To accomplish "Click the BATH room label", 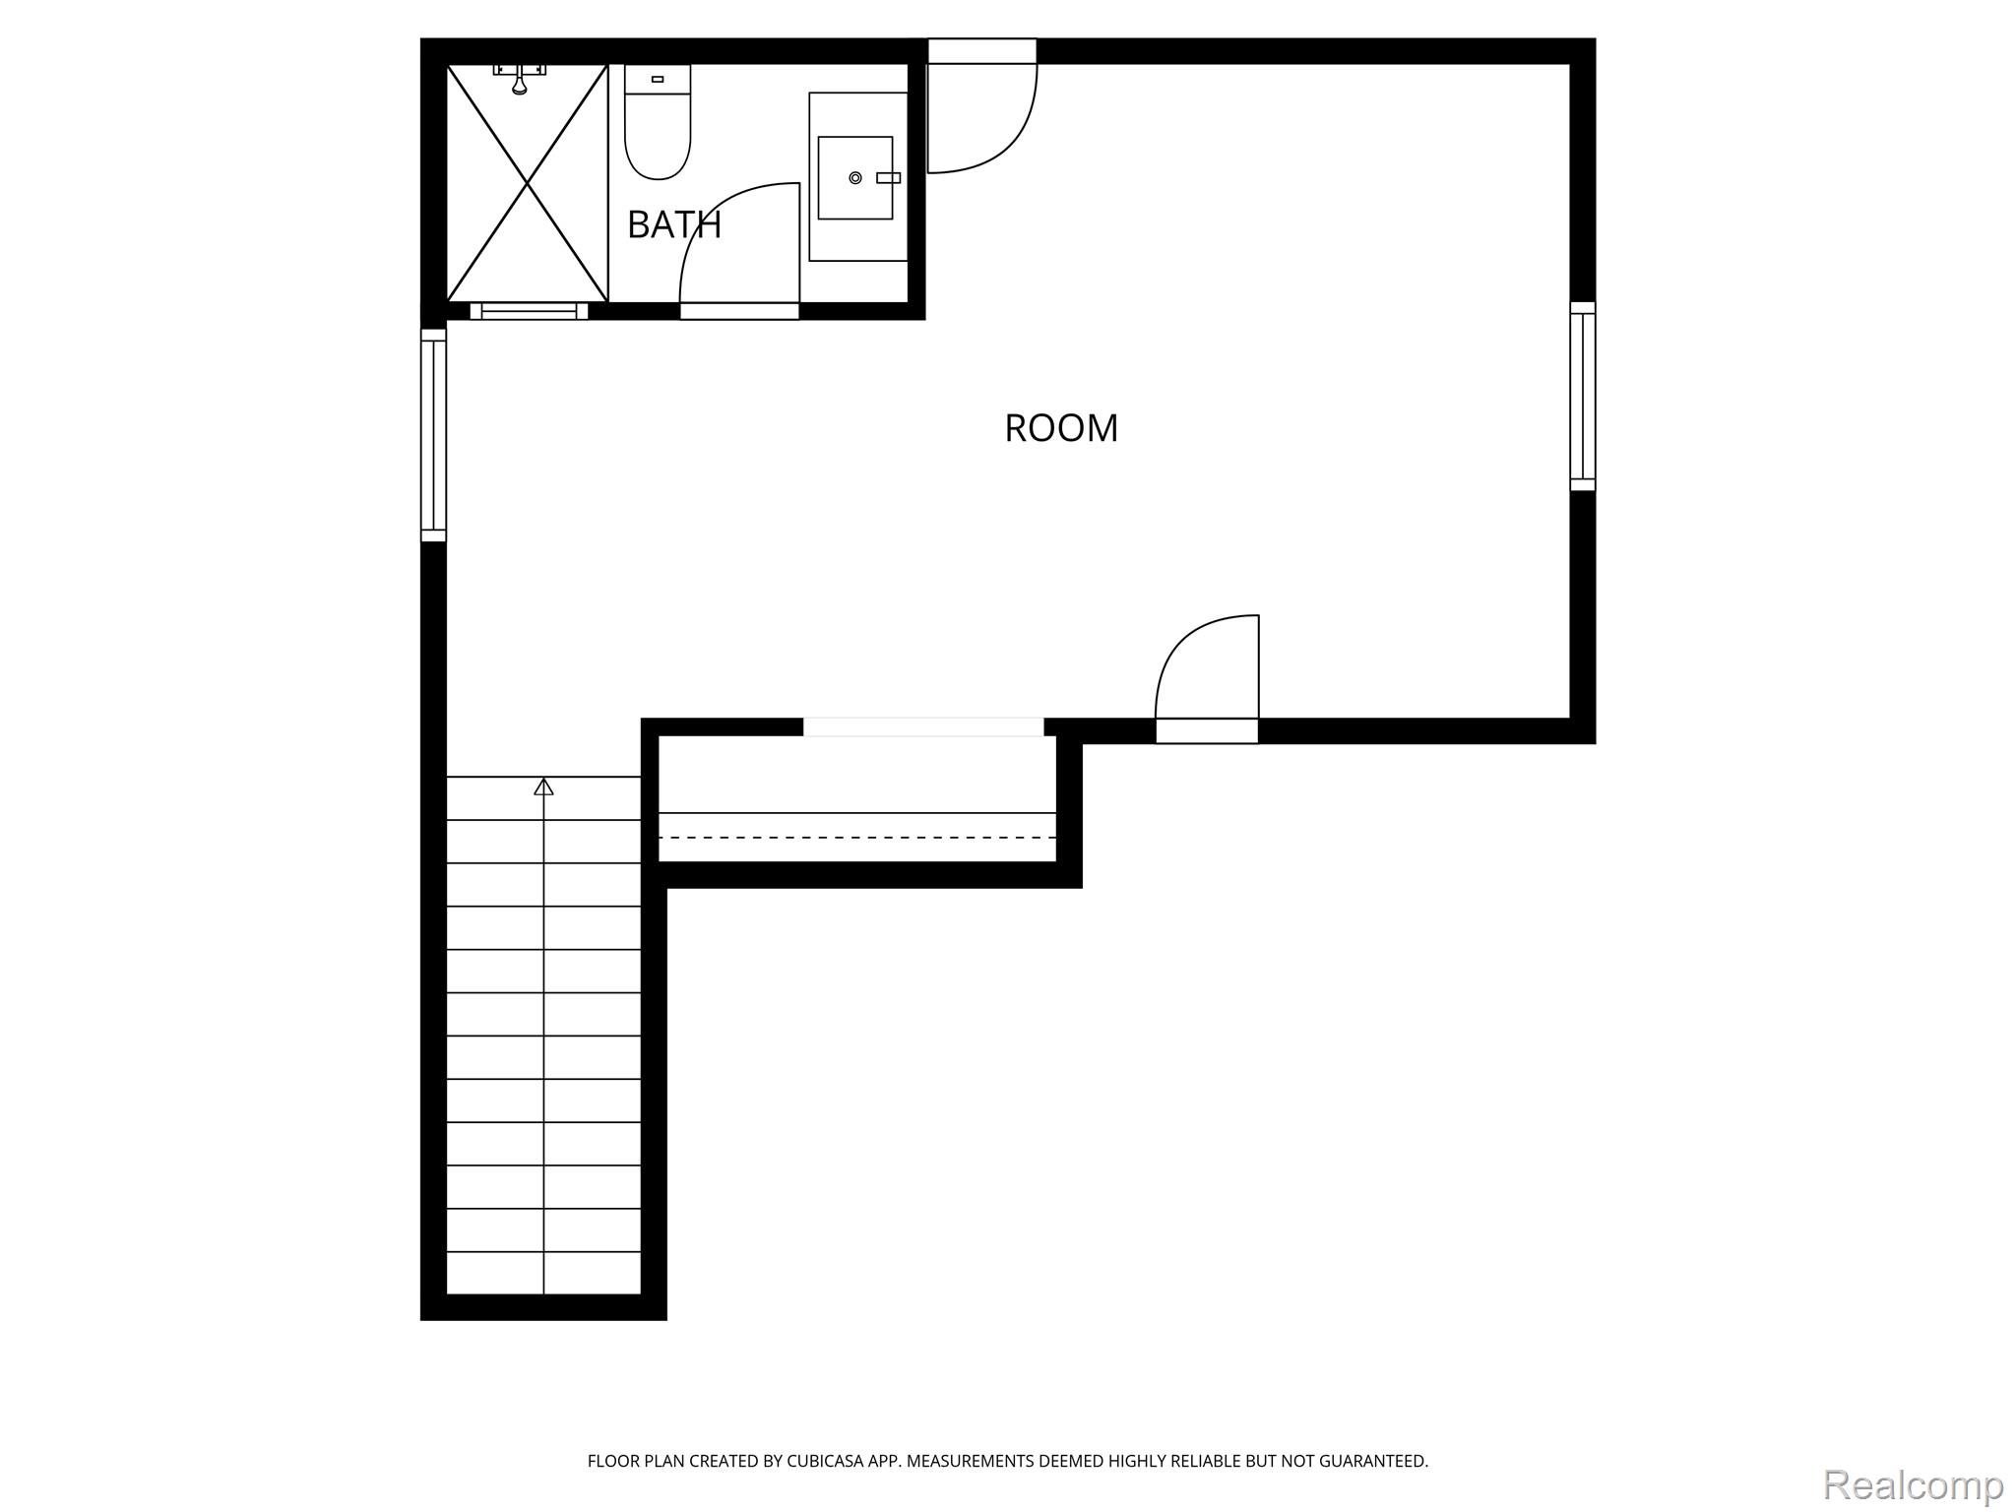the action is pos(674,224).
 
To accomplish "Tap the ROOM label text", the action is pos(1061,428).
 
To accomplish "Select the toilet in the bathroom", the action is pos(658,122).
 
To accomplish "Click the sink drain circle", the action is pos(855,178).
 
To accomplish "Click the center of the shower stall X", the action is pos(528,183).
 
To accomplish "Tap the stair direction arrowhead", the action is pos(543,787).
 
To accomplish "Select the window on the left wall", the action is pos(433,435).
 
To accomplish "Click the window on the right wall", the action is pos(1582,397).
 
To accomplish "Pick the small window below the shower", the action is pos(529,311).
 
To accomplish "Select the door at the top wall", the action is pos(982,105).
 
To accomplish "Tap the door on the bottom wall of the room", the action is pos(1207,679).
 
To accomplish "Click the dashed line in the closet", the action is pos(857,838).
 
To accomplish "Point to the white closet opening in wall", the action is pos(923,727).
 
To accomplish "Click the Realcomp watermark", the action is pos(1913,1484).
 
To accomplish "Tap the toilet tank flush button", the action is pos(658,79).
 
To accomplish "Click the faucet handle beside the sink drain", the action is pos(888,178).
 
